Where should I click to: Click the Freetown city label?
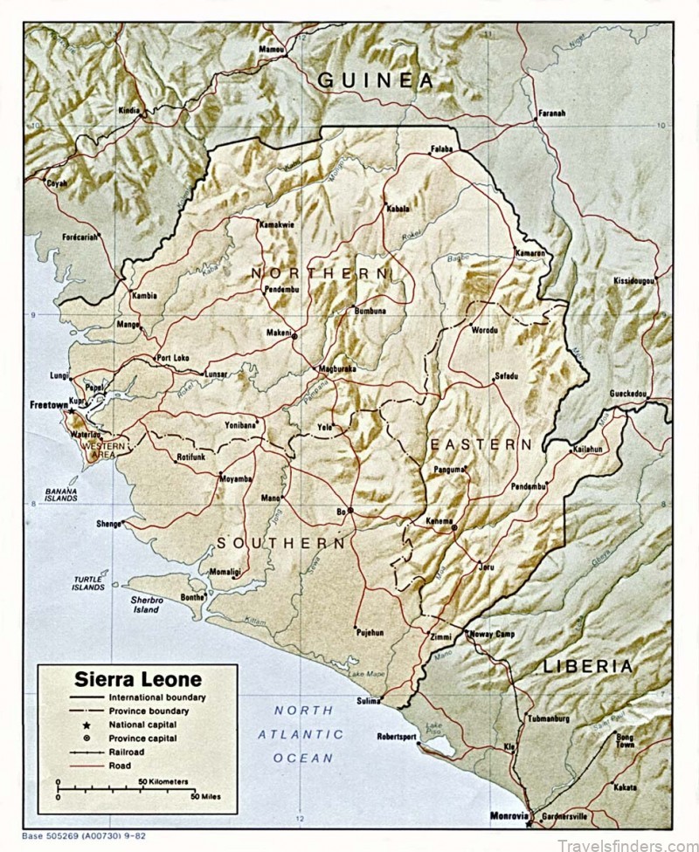point(49,405)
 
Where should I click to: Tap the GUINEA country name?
point(375,80)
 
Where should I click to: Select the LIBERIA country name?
point(587,666)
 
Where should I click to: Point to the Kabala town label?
point(398,209)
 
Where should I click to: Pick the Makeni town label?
point(279,333)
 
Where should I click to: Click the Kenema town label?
point(439,521)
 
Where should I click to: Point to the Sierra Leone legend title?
point(137,679)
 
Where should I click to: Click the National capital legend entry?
point(142,725)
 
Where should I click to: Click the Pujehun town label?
point(369,631)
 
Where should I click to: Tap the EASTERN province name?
point(480,444)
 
